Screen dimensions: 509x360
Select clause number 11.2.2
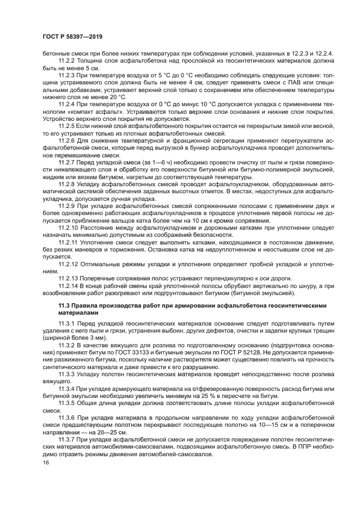(x=66, y=60)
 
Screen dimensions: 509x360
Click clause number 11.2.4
(x=66, y=102)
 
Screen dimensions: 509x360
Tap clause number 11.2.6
(x=66, y=140)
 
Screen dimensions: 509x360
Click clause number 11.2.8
(x=66, y=183)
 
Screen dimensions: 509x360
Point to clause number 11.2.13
(x=68, y=278)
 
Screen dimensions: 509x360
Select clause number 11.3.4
(x=66, y=389)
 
